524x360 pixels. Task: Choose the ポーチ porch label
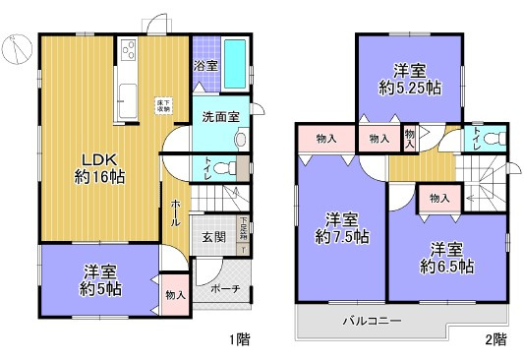tap(225, 290)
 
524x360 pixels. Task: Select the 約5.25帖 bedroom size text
tap(409, 88)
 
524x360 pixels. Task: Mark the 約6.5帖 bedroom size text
tap(446, 266)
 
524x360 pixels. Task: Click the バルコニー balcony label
tap(372, 320)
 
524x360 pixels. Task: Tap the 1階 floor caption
tap(240, 339)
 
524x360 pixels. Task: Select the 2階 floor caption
tap(494, 339)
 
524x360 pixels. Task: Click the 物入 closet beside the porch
tap(174, 295)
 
